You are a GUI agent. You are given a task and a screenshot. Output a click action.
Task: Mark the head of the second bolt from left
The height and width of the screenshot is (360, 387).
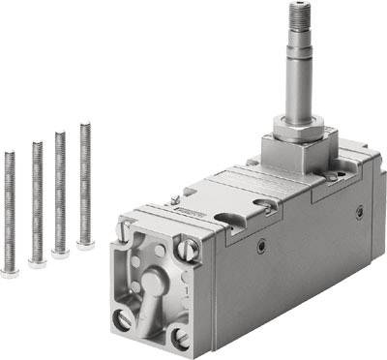pyautogui.click(x=37, y=262)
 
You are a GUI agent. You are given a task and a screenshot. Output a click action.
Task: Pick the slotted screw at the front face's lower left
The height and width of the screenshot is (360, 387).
pyautogui.click(x=123, y=318)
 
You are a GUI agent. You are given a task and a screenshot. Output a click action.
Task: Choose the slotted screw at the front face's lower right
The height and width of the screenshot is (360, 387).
pyautogui.click(x=181, y=338)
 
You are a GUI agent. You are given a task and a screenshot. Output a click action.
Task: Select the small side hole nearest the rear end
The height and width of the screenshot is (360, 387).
pyautogui.click(x=359, y=210)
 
